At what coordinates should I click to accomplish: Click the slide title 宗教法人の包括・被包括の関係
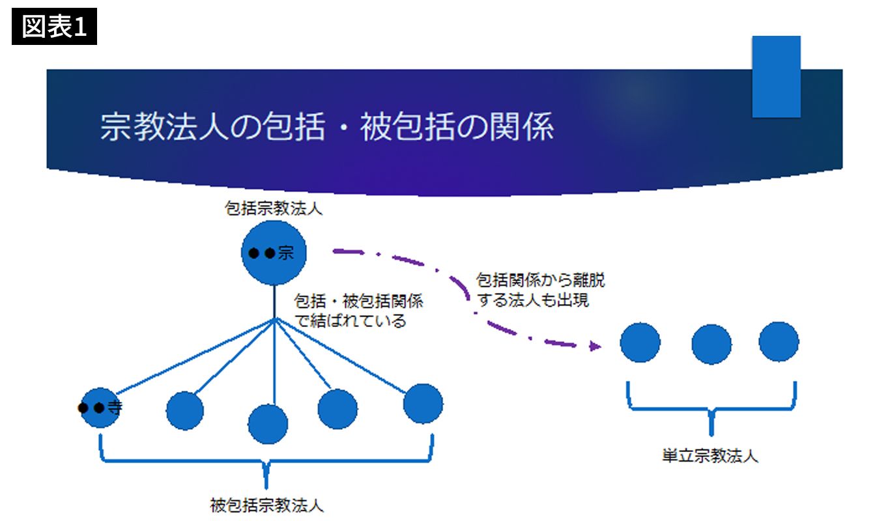(x=326, y=126)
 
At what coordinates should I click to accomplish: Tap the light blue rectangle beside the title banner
(x=776, y=77)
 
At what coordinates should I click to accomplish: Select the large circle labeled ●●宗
(x=274, y=253)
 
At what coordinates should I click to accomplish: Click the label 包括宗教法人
(x=273, y=210)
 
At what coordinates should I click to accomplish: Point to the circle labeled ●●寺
(x=101, y=408)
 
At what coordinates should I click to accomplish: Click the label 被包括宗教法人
(x=266, y=505)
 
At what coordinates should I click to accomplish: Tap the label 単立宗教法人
(x=709, y=455)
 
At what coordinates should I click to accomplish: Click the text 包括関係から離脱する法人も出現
(x=541, y=290)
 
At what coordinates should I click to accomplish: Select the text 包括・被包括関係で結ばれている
(x=358, y=311)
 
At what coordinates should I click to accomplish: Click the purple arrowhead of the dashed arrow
(x=594, y=346)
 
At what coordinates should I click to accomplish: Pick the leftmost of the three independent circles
(x=640, y=342)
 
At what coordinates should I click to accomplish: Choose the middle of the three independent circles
(x=711, y=344)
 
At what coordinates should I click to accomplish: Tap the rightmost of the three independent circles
(x=779, y=341)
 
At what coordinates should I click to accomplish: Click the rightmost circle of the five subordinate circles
(x=423, y=404)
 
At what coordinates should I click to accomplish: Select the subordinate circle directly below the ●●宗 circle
(x=267, y=424)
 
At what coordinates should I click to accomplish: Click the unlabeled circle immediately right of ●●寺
(x=185, y=411)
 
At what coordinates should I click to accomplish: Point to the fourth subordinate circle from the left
(x=337, y=409)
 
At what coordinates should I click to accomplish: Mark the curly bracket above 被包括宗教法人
(x=266, y=460)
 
